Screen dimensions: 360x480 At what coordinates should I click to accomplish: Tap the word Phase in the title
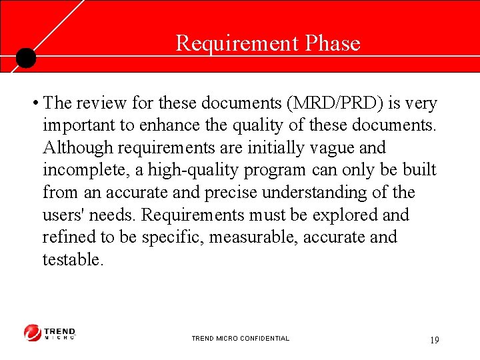[x=333, y=43]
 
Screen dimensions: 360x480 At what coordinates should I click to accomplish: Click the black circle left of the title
[x=25, y=59]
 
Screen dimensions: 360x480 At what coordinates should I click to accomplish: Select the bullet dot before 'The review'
[x=33, y=104]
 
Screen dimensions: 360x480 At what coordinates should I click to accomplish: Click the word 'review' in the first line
[x=99, y=104]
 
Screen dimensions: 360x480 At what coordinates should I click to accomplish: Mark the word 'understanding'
[x=299, y=193]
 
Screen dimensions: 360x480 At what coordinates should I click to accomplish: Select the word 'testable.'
[x=73, y=259]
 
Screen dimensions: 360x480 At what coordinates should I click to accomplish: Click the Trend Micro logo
[x=50, y=333]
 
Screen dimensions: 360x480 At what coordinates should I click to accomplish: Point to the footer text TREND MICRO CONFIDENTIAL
[x=240, y=339]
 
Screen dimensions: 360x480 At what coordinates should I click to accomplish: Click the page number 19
[x=434, y=340]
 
